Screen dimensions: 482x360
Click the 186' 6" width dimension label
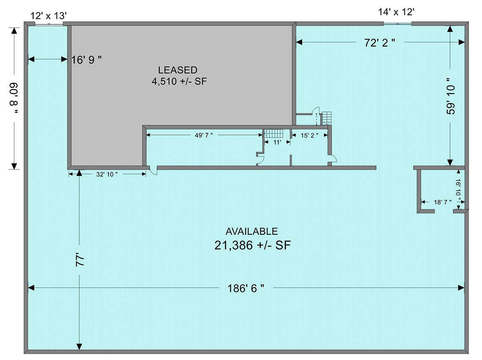click(246, 288)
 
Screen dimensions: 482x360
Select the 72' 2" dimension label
click(380, 42)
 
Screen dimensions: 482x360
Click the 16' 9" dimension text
click(86, 60)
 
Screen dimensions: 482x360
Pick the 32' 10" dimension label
click(107, 174)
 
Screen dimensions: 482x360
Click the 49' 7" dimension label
click(204, 135)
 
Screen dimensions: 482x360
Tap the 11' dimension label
click(277, 142)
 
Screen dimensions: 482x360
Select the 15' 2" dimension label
click(309, 135)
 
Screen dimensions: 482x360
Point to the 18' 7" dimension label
click(443, 202)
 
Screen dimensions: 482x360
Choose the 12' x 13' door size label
click(49, 16)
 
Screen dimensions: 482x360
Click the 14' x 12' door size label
click(396, 12)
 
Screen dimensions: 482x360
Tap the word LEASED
click(178, 70)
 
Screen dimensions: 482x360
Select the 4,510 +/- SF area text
click(179, 81)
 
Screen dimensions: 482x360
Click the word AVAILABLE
click(252, 231)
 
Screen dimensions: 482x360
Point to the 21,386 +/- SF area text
click(252, 245)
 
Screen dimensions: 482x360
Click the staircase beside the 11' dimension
click(274, 133)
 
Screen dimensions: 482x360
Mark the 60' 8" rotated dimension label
click(14, 98)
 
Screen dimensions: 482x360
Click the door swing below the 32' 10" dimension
click(154, 171)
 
